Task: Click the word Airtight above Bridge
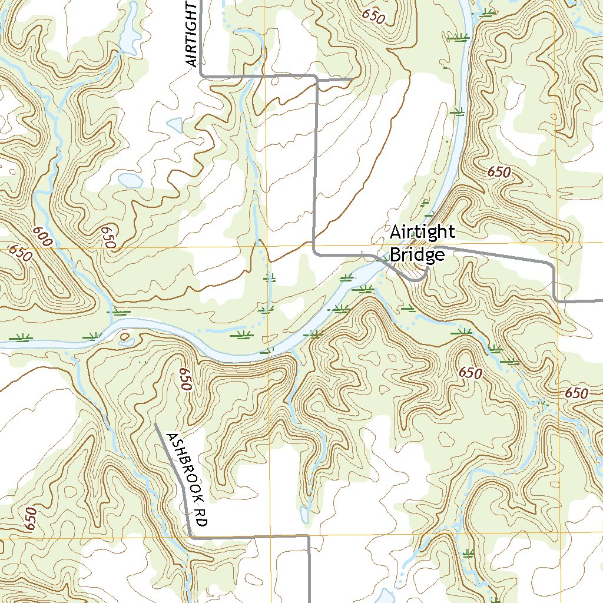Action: click(x=422, y=233)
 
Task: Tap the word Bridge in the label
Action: click(x=417, y=255)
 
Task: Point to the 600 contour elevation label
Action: click(x=43, y=237)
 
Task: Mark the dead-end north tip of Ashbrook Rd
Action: click(x=155, y=423)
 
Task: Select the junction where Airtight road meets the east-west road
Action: click(x=201, y=75)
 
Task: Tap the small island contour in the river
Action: click(x=125, y=336)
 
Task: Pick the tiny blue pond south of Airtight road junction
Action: click(x=175, y=125)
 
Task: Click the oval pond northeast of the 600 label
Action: click(x=130, y=180)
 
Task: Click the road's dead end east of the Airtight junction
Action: click(x=352, y=79)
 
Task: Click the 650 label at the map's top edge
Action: click(x=373, y=16)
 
